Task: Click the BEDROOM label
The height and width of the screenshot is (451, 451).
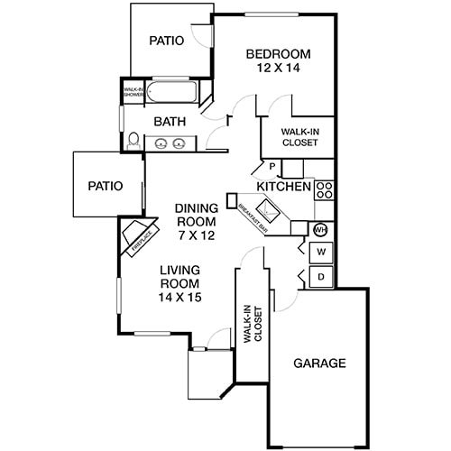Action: click(279, 55)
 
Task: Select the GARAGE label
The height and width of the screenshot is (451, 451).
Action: click(319, 364)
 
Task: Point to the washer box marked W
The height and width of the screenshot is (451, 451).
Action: click(320, 251)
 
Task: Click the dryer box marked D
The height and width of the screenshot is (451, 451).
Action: click(320, 276)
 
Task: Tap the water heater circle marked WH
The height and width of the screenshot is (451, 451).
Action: click(319, 228)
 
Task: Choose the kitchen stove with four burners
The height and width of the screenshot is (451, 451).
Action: click(325, 190)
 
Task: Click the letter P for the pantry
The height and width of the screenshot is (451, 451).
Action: click(271, 167)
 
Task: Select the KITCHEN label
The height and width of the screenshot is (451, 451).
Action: click(283, 187)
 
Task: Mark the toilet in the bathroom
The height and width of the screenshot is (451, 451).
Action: click(133, 142)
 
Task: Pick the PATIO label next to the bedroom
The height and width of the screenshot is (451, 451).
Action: click(167, 41)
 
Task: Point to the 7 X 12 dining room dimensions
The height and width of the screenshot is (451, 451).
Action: click(195, 235)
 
